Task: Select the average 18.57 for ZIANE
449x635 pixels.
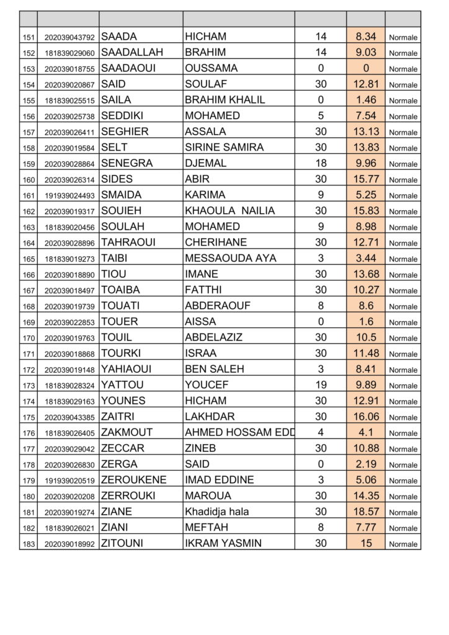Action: (x=366, y=512)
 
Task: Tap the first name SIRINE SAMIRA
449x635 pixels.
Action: (x=224, y=148)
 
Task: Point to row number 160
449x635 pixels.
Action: (x=29, y=180)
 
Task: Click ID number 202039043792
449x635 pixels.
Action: (x=69, y=37)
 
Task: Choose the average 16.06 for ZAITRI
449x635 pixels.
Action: (x=366, y=417)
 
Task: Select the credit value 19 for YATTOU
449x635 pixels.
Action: (x=321, y=385)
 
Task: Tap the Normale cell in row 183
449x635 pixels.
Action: (x=403, y=544)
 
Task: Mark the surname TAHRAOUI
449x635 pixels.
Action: (x=128, y=242)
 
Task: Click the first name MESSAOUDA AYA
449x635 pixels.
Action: (x=231, y=259)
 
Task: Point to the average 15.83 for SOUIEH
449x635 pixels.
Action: (x=366, y=211)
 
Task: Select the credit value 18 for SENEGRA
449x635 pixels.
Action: (x=321, y=164)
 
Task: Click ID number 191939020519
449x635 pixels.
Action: (x=69, y=481)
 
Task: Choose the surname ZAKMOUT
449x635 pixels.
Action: (x=127, y=433)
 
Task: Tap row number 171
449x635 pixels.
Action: (x=29, y=354)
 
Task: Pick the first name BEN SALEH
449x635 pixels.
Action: (x=215, y=370)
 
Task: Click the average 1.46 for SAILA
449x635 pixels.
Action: (x=366, y=100)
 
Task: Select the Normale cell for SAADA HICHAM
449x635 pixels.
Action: (x=403, y=37)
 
